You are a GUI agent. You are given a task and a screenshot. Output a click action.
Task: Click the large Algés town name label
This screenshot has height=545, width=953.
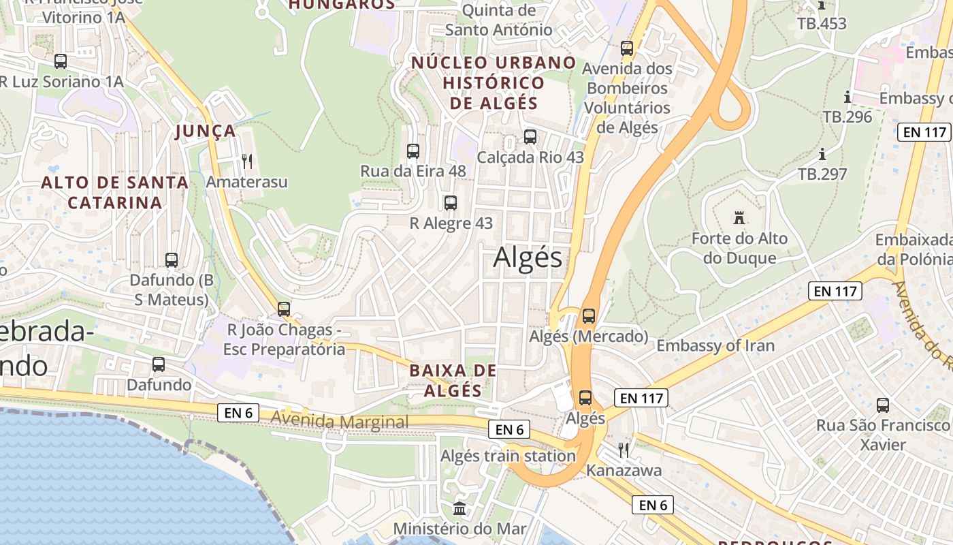coord(528,258)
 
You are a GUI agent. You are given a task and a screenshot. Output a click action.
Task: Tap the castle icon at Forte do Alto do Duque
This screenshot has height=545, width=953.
coord(739,218)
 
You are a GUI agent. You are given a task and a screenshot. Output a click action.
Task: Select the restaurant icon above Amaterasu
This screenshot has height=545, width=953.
coord(247,161)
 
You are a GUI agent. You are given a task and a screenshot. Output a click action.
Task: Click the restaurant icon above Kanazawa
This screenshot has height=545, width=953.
coord(624,450)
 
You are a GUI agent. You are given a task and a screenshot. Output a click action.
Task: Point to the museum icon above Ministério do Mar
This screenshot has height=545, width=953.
coord(459,508)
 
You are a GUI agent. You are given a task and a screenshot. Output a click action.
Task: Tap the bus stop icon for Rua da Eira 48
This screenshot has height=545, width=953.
coord(413,151)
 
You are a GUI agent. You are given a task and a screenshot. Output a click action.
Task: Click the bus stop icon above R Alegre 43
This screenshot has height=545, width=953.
coord(450,202)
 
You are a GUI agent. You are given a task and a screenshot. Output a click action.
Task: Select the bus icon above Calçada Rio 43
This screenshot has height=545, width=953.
coord(530,136)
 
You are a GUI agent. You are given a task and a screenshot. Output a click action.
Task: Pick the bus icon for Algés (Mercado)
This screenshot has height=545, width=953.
coord(588,316)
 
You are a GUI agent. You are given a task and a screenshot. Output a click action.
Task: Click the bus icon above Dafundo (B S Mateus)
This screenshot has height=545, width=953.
coord(172,260)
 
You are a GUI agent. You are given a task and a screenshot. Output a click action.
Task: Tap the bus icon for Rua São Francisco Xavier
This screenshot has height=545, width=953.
coord(883,405)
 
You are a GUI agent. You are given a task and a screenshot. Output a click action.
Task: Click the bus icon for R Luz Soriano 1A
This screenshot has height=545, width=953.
coord(61,61)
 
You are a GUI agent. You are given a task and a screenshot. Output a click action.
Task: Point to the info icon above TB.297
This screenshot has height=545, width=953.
coord(822,154)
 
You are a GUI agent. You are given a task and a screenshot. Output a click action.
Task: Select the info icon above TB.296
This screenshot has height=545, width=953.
coord(847,97)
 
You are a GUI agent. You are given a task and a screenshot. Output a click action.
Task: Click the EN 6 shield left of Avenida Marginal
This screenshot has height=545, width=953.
coord(238,412)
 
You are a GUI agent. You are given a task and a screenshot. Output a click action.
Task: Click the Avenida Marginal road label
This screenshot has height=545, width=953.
coord(340,422)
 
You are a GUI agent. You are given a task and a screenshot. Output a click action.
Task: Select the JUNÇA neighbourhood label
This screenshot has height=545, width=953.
coord(205,131)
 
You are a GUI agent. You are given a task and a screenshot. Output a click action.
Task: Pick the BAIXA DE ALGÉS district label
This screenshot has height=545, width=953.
coord(453,380)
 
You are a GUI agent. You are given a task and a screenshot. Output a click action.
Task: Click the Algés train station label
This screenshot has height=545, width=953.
coord(508,456)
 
